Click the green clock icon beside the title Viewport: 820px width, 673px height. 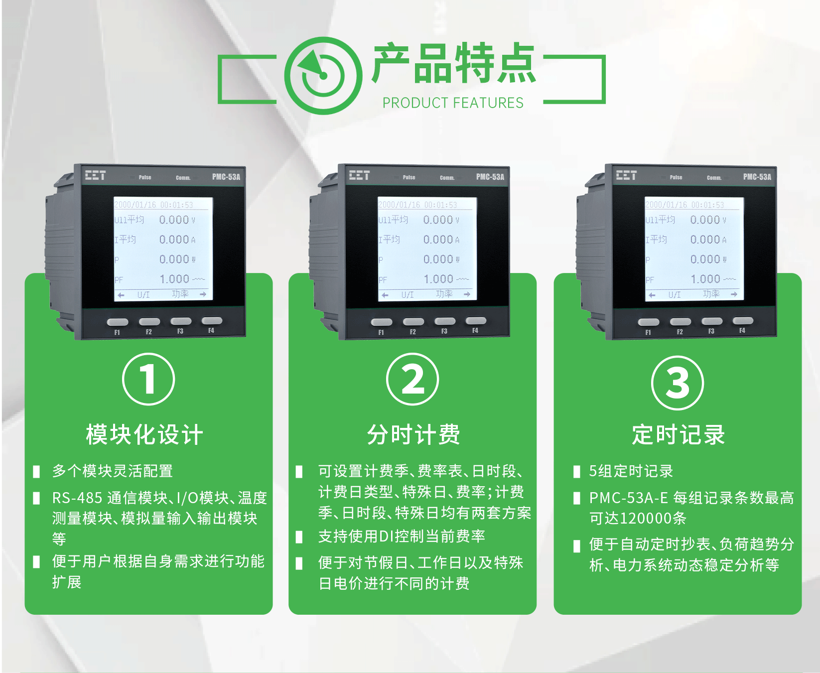tap(323, 76)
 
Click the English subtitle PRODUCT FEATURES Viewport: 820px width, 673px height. tap(453, 103)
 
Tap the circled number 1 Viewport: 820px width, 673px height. tap(148, 379)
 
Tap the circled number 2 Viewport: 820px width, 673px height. tap(412, 379)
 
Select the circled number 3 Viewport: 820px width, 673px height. tap(678, 383)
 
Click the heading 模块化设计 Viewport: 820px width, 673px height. tap(144, 434)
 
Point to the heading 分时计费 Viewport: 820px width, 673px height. tap(413, 434)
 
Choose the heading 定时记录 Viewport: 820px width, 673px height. tap(678, 434)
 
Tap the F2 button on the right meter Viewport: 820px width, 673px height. tap(680, 322)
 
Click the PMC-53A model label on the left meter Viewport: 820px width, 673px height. tap(226, 177)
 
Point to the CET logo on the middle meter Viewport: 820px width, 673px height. tap(359, 175)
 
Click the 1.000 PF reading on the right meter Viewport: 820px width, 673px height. tap(705, 279)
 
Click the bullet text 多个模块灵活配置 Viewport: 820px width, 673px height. tap(113, 471)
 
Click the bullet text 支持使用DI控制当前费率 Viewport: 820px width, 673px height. tap(402, 536)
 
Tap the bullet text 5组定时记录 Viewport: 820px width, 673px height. tap(631, 471)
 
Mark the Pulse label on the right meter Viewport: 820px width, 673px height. tap(676, 177)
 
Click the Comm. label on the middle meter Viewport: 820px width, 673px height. tap(447, 178)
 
